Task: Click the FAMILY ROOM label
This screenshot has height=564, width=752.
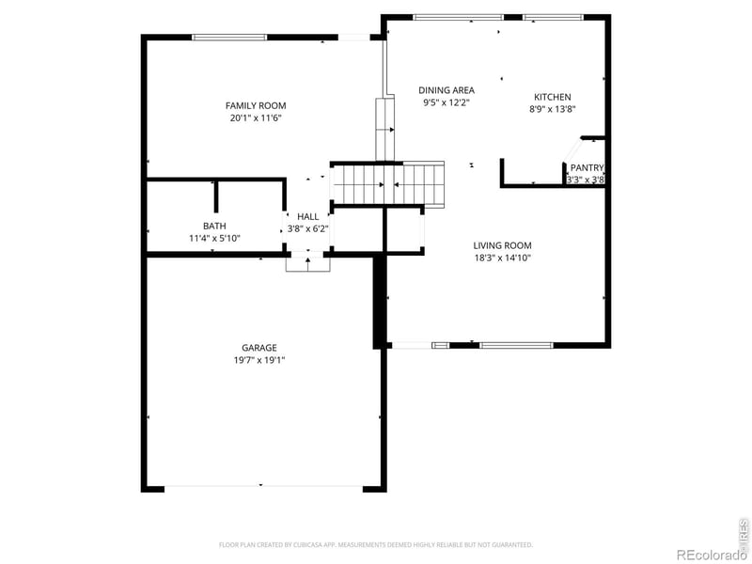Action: pos(256,105)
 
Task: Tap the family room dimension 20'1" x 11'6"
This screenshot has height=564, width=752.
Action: pos(256,118)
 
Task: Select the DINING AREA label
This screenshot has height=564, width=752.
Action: pos(446,90)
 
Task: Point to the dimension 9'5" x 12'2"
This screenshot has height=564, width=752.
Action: pos(446,102)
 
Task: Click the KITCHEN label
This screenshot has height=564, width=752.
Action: pos(552,97)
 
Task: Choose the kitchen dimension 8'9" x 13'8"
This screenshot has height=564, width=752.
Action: pos(552,109)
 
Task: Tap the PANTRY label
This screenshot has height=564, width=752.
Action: pos(587,167)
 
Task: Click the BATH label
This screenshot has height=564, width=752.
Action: pos(214,226)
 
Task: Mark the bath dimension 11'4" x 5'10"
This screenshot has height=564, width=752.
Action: pos(214,239)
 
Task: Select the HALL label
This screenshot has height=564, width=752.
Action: pos(308,216)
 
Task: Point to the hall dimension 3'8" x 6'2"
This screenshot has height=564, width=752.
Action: pos(308,228)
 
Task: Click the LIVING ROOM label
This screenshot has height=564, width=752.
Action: pos(502,245)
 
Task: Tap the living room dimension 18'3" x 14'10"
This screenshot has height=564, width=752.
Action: pos(502,258)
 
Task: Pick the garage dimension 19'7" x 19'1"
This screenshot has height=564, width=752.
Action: pos(258,360)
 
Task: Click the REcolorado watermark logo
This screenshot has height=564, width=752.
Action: pos(712,554)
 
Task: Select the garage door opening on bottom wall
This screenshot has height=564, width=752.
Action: pos(263,487)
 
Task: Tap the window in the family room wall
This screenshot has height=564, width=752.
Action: pos(227,38)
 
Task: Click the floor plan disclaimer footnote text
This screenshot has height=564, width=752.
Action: pos(376,544)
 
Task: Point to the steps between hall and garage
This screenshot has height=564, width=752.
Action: pos(308,263)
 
